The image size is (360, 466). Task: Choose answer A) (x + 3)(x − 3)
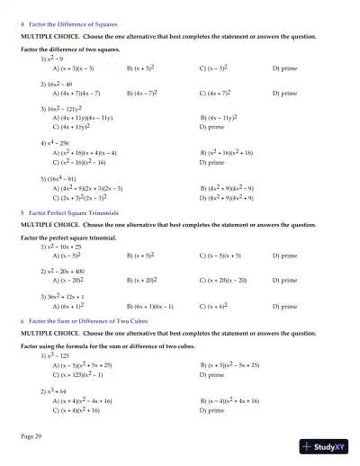[x=73, y=68]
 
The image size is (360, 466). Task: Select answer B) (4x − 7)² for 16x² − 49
[x=143, y=94]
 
